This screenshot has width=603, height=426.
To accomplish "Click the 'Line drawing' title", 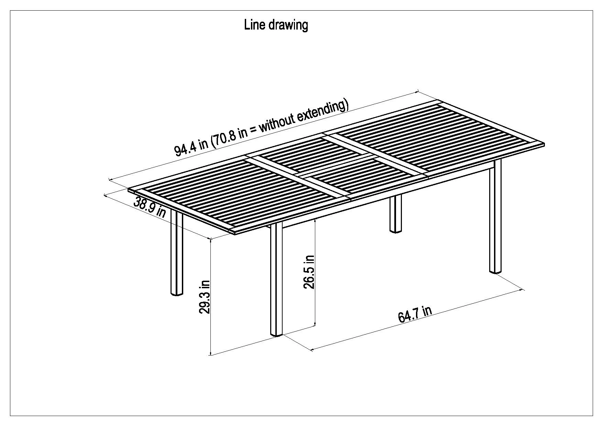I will click(276, 25).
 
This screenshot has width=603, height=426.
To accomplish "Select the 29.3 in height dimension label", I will click(205, 297).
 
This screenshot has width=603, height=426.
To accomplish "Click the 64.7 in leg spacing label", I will click(415, 314).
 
